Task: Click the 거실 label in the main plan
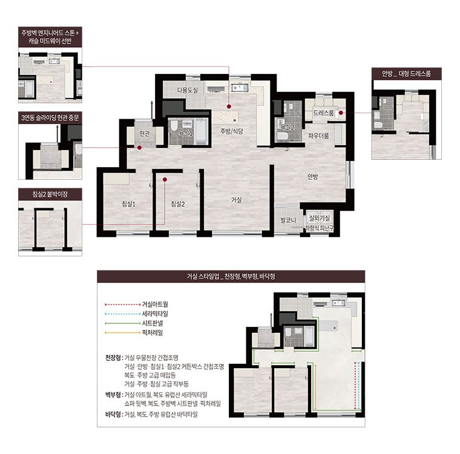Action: click(237, 200)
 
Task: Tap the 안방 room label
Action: click(312, 176)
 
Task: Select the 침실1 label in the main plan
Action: click(128, 204)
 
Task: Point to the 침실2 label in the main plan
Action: click(178, 204)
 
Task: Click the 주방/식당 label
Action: click(232, 131)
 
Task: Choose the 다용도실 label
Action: click(187, 90)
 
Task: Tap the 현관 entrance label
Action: click(144, 134)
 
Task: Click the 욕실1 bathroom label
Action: click(186, 133)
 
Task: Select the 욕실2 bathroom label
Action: click(287, 127)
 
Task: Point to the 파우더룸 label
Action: click(318, 136)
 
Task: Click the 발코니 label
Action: click(288, 220)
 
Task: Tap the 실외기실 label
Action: click(320, 218)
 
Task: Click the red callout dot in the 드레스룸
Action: click(341, 113)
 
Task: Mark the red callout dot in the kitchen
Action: click(229, 107)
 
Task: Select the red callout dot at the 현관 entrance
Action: click(139, 148)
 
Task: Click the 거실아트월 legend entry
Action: click(155, 304)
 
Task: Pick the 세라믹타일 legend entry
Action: click(155, 314)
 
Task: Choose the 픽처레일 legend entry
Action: click(153, 332)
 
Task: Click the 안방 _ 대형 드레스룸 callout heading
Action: click(406, 73)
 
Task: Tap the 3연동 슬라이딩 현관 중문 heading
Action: click(50, 117)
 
